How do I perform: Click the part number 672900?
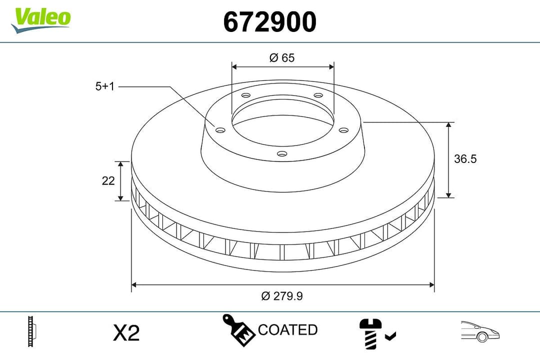(x=269, y=22)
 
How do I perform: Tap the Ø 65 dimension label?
(x=282, y=58)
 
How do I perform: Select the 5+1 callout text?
(x=105, y=86)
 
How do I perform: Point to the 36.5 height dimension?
(x=465, y=159)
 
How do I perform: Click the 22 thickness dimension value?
(x=108, y=181)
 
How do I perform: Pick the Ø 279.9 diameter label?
(x=282, y=296)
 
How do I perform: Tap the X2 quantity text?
(x=126, y=332)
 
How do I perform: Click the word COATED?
(x=287, y=330)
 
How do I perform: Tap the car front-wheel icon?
(x=480, y=331)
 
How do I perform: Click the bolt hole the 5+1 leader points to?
(x=220, y=130)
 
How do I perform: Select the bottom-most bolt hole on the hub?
(x=282, y=154)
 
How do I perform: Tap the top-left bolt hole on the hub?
(x=245, y=95)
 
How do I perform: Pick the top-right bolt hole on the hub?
(x=318, y=95)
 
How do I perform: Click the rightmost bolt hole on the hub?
(x=343, y=130)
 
